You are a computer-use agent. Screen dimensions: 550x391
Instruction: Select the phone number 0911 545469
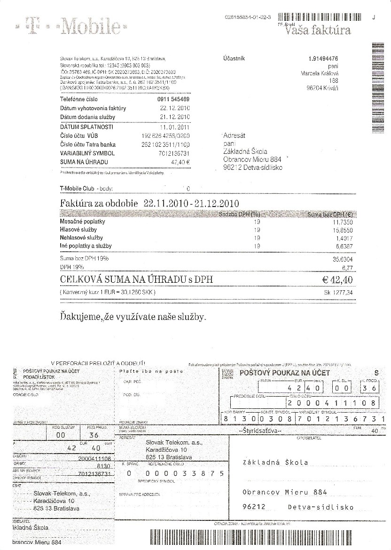point(173,100)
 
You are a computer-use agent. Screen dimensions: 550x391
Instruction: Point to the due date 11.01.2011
point(175,127)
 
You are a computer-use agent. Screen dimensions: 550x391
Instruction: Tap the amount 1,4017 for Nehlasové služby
point(344,238)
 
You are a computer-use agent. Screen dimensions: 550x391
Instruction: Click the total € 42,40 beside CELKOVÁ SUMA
point(337,280)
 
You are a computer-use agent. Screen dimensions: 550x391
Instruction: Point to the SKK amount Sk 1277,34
point(338,293)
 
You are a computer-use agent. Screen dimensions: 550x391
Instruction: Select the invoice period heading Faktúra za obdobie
point(99,204)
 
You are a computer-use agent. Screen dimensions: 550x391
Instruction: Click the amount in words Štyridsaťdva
point(260,431)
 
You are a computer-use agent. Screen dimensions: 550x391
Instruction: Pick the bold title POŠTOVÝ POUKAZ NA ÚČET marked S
point(278,373)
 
